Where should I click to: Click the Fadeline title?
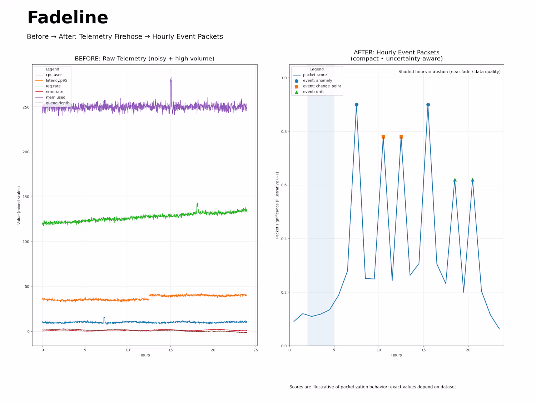[x=68, y=18]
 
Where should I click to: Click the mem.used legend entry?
[x=55, y=97]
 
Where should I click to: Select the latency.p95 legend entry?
[x=56, y=80]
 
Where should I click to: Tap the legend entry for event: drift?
[x=313, y=92]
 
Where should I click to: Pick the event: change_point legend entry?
[x=322, y=86]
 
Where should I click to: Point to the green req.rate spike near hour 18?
[x=197, y=204]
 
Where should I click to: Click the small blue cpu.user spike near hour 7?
[x=104, y=318]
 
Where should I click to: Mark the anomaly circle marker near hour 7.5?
[x=357, y=105]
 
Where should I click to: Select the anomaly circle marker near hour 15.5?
[x=428, y=105]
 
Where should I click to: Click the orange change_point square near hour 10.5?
[x=383, y=137]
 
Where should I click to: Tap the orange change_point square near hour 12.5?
[x=401, y=137]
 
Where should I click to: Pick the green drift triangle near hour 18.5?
[x=455, y=180]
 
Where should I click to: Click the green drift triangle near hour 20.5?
[x=472, y=180]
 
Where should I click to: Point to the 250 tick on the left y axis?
[x=26, y=107]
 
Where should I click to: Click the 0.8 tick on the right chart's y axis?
[x=284, y=131]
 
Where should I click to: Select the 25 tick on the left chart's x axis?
[x=255, y=350]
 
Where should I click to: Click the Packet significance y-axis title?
[x=277, y=205]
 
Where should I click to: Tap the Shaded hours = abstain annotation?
[x=449, y=72]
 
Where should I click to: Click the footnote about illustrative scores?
[x=373, y=387]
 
